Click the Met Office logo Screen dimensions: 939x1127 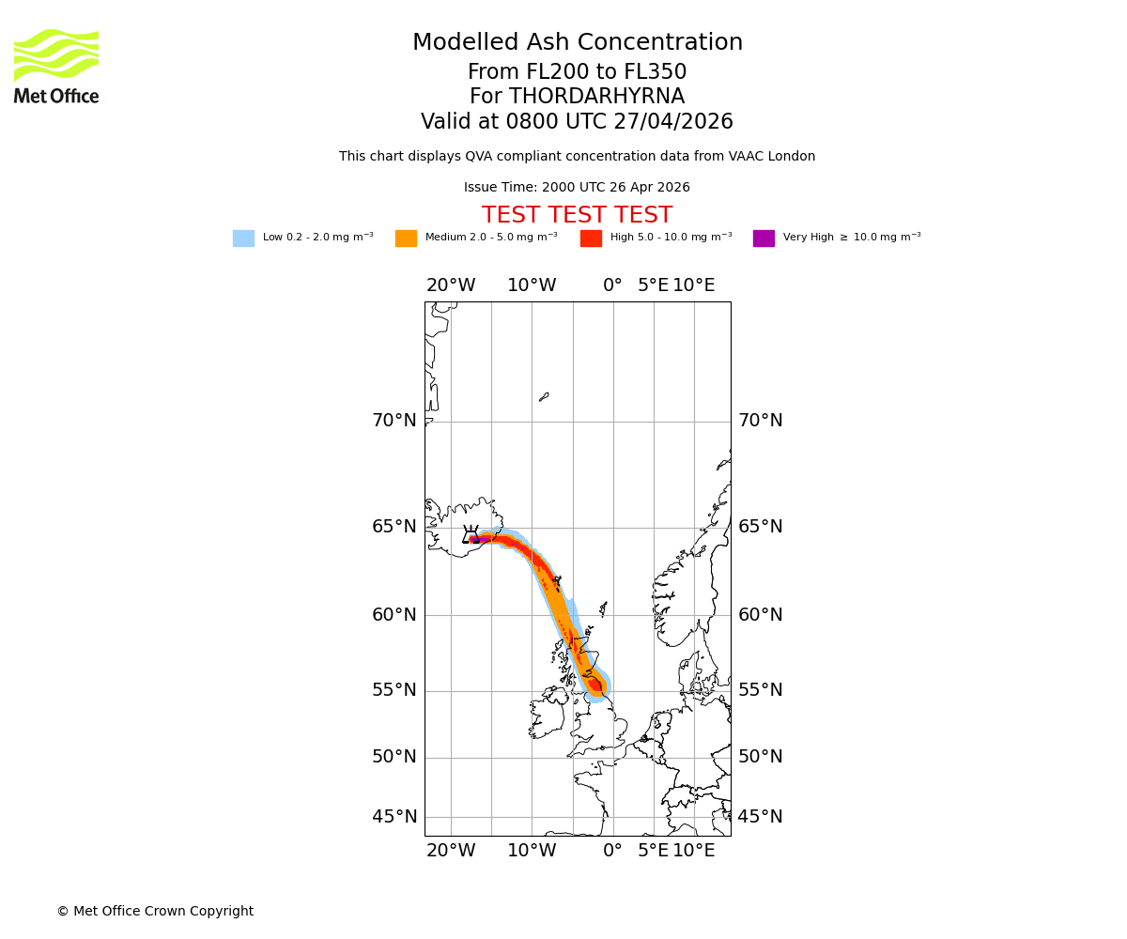(x=56, y=66)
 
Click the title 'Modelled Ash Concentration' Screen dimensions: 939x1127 (x=577, y=43)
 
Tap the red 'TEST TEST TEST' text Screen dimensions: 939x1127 (x=577, y=216)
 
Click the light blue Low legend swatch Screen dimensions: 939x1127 (x=243, y=239)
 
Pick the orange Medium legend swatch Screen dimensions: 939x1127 (x=406, y=239)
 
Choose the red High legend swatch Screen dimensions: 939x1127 (x=591, y=239)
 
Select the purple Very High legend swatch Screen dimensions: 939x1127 (x=764, y=239)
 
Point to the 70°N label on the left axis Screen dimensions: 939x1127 (x=394, y=421)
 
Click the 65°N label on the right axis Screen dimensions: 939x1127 (x=760, y=527)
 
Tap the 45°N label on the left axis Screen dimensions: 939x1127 (x=394, y=817)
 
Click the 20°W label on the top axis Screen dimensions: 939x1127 (x=451, y=285)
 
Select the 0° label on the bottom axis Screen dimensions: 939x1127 (x=612, y=851)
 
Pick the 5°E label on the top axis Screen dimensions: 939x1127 (x=654, y=285)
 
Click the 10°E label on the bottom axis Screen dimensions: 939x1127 (x=694, y=851)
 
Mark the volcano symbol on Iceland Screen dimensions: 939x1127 (x=471, y=534)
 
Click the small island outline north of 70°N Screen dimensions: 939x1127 (x=544, y=397)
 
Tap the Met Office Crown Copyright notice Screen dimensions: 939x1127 (x=155, y=912)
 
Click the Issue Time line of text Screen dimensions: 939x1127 (x=577, y=188)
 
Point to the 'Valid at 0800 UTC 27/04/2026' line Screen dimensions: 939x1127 (x=577, y=122)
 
